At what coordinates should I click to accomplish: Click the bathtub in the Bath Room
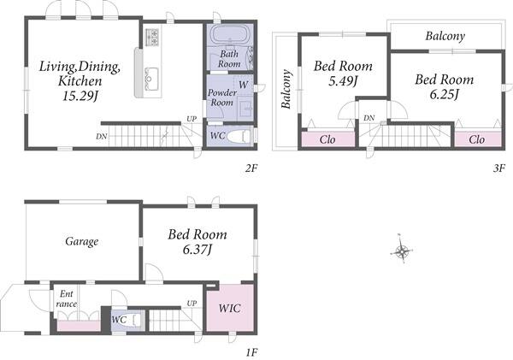[x=230, y=34]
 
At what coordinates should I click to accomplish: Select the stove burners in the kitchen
[x=152, y=37]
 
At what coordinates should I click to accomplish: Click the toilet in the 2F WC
[x=239, y=136]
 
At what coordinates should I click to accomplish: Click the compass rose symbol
[x=401, y=251]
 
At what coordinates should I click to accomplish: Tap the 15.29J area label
[x=80, y=96]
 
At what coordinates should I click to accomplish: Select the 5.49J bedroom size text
[x=343, y=81]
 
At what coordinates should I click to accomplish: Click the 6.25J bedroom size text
[x=445, y=94]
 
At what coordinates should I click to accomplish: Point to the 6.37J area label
[x=197, y=250]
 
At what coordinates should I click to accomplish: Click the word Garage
[x=81, y=241]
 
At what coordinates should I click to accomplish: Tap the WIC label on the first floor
[x=230, y=308]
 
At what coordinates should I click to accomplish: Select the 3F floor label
[x=499, y=168]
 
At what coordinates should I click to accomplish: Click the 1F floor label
[x=252, y=352]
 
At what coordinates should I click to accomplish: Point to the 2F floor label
[x=251, y=168]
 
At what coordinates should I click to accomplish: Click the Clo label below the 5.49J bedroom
[x=327, y=139]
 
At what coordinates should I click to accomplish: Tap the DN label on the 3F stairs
[x=369, y=118]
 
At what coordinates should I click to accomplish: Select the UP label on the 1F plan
[x=192, y=304]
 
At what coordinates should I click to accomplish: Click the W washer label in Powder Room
[x=244, y=85]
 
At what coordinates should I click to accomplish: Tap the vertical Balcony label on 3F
[x=286, y=89]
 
